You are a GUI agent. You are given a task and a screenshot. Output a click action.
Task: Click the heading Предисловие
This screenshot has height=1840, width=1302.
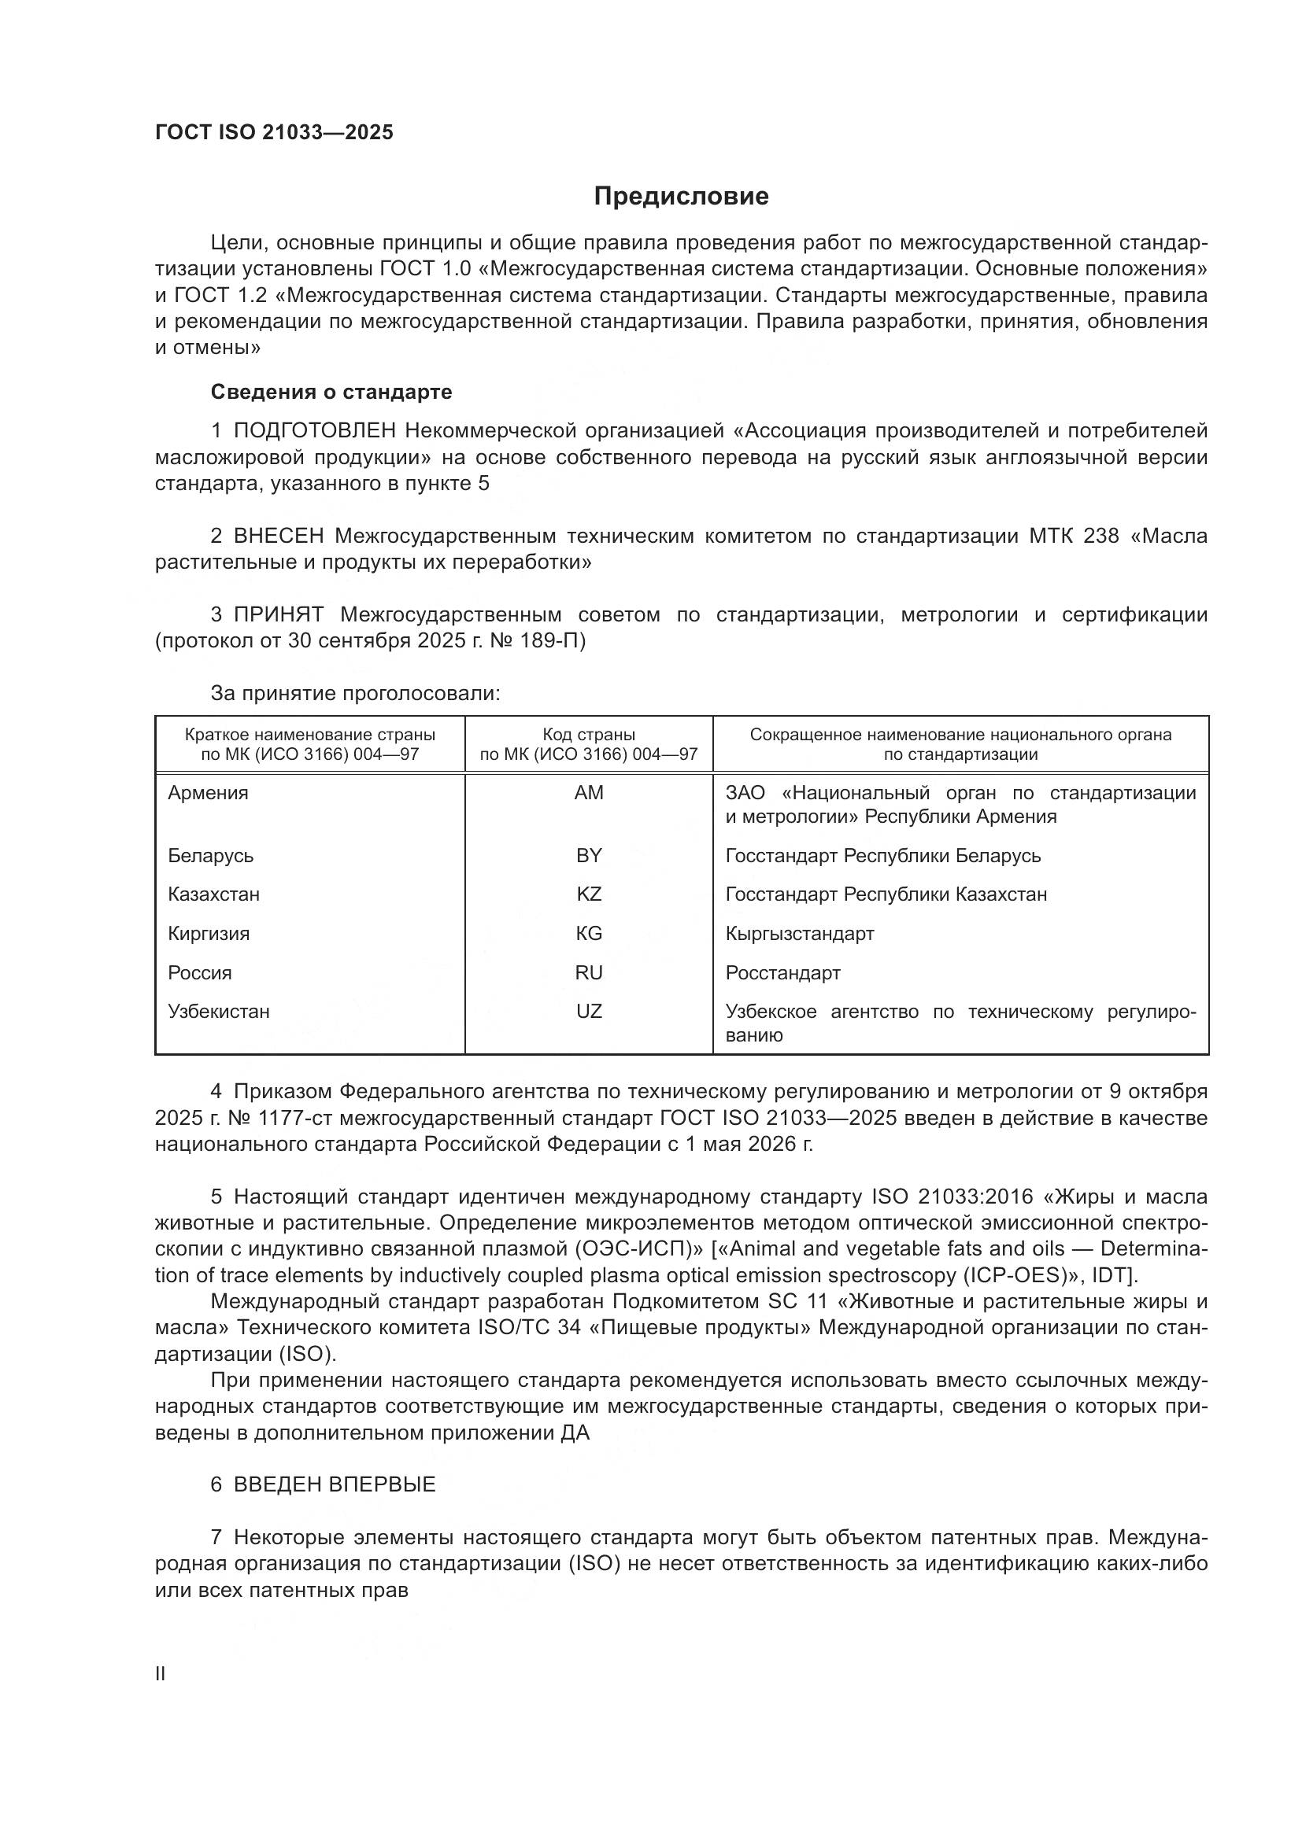[x=681, y=197]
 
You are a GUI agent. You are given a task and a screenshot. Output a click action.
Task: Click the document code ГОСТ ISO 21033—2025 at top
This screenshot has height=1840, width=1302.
[x=274, y=133]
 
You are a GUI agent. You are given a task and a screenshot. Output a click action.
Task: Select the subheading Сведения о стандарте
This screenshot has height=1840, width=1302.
[x=331, y=392]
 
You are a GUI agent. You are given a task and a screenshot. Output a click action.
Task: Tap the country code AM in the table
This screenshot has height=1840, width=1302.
[x=589, y=793]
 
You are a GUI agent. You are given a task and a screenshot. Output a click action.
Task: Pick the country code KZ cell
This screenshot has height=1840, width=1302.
[x=589, y=894]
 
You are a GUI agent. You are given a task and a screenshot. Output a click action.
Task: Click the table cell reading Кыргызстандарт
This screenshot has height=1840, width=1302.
[x=799, y=933]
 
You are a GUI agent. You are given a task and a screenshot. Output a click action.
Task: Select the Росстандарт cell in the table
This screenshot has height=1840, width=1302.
[x=782, y=972]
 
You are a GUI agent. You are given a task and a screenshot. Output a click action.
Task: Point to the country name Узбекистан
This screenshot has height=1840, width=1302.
[x=219, y=1011]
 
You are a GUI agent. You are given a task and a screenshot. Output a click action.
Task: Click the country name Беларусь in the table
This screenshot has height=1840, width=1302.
[x=211, y=855]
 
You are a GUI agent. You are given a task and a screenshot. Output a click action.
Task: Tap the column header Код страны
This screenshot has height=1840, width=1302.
[x=589, y=734]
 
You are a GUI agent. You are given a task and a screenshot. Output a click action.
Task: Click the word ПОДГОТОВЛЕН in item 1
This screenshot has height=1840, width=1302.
[x=314, y=431]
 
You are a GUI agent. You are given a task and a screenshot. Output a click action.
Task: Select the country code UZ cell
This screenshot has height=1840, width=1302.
[x=589, y=1011]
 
